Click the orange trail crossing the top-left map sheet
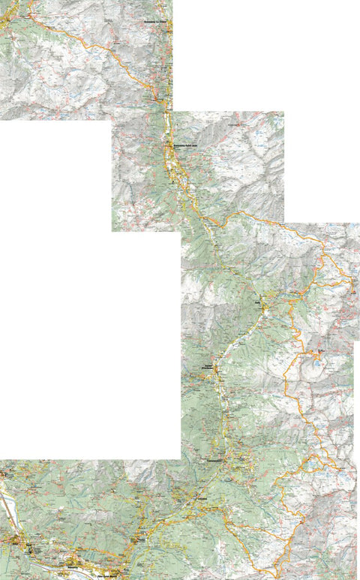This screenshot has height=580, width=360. (90, 47)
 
